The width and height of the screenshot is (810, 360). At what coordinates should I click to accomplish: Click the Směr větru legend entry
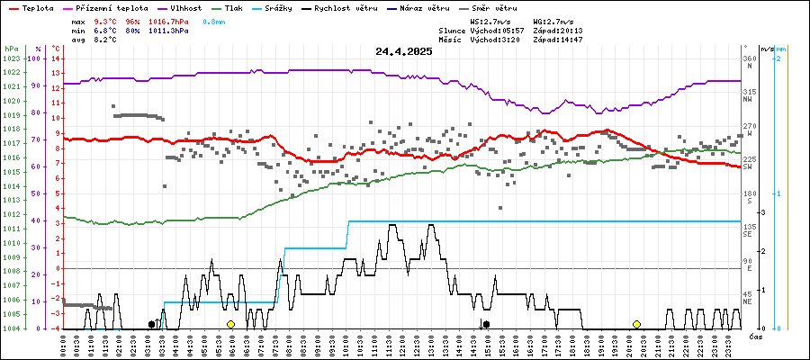498,7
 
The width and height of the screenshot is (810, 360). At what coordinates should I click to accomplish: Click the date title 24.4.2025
404,51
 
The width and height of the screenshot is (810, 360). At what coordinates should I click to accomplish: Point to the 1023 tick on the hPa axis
12,58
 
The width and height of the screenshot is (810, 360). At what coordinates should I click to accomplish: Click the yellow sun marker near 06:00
231,324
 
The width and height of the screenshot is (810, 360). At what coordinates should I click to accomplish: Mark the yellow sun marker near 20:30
636,324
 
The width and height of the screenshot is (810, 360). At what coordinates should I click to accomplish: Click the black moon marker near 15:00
486,324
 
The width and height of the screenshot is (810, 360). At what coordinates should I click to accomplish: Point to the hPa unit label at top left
11,48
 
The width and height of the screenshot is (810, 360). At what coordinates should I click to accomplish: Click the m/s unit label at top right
765,48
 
